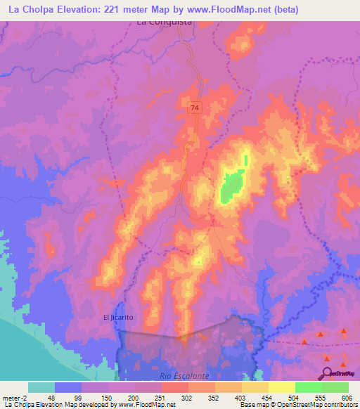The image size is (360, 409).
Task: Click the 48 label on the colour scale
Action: pos(51,397)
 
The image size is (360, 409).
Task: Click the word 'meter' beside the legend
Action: pos(13,397)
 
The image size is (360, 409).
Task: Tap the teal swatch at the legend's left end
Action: pos(41,387)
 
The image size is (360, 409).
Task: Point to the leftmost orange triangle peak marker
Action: pos(304,342)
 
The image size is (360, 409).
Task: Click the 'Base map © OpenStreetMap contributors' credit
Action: pos(299,405)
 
